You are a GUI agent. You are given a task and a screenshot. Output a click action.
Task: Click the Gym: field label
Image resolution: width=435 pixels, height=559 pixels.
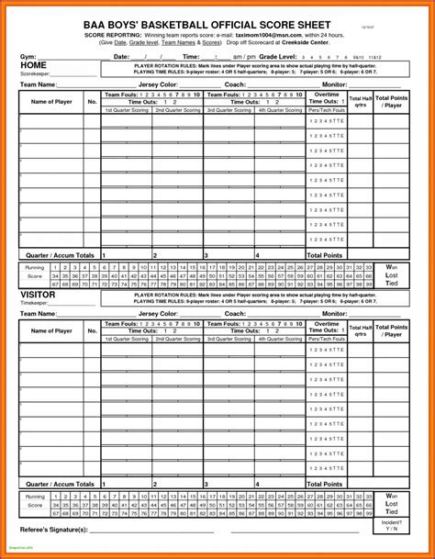point(28,57)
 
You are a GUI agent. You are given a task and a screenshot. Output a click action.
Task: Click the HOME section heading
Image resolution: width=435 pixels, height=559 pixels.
point(34,66)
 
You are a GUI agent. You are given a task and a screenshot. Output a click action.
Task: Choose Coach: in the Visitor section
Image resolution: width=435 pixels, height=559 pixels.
point(234,314)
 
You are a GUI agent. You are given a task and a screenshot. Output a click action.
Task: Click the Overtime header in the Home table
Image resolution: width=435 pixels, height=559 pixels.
point(326,94)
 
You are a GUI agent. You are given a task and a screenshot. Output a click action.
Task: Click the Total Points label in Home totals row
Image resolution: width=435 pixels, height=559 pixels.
point(325,254)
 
